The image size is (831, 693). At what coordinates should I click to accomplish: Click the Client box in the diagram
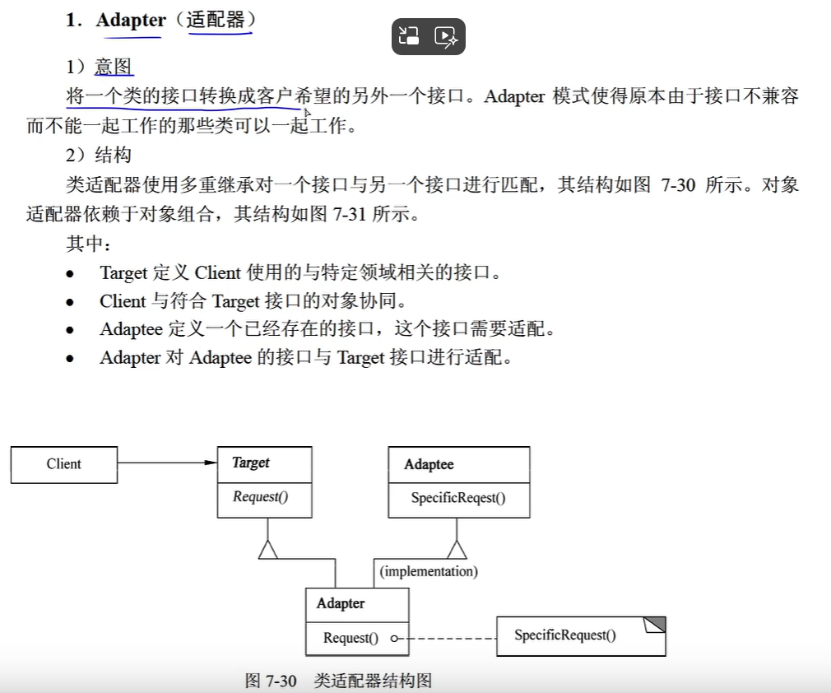coord(63,464)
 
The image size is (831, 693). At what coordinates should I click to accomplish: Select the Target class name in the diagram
coord(251,463)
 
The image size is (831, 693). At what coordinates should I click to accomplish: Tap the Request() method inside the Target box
coord(260,496)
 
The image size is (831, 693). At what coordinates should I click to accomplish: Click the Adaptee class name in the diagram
coord(429,465)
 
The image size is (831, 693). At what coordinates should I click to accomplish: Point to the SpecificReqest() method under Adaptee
coord(458,498)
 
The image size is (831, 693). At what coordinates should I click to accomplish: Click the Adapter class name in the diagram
coord(341,604)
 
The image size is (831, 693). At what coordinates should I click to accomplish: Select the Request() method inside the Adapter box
coord(351,638)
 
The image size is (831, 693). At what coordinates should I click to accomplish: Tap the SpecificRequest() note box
coord(565,635)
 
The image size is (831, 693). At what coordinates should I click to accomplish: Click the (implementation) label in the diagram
coord(429,571)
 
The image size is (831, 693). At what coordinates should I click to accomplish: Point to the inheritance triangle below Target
coord(267,549)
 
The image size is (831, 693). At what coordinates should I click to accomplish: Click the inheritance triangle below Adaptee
coord(457,549)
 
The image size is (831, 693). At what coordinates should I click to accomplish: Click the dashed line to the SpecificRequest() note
coord(448,638)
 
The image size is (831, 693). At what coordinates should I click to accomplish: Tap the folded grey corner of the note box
coord(655,625)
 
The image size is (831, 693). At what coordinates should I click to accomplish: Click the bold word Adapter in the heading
coord(130,21)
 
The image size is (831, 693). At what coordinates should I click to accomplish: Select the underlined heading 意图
coord(114,67)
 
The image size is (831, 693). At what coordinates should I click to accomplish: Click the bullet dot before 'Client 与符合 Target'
coord(71,302)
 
